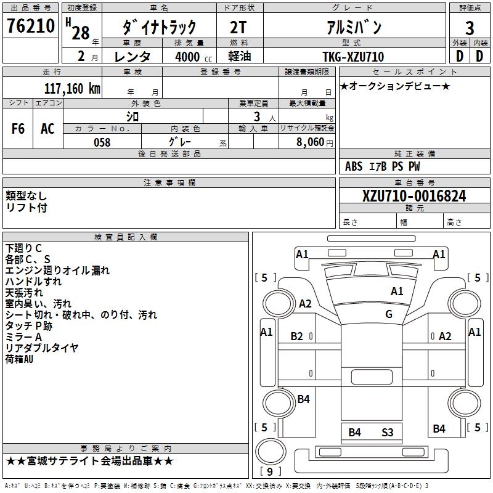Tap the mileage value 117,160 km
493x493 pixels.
coord(72,88)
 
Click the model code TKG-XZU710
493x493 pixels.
coord(353,57)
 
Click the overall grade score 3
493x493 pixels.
coord(470,28)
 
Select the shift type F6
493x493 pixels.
coord(18,129)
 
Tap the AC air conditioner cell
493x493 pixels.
coord(47,129)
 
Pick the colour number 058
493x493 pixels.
coord(102,142)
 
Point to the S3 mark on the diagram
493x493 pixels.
coord(387,433)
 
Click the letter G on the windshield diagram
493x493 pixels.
coord(389,314)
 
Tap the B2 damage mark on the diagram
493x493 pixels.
coord(297,336)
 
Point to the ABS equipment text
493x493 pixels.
coord(354,166)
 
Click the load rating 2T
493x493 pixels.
coord(240,28)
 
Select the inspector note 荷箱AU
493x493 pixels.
coord(19,359)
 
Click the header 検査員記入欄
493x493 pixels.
coord(126,237)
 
